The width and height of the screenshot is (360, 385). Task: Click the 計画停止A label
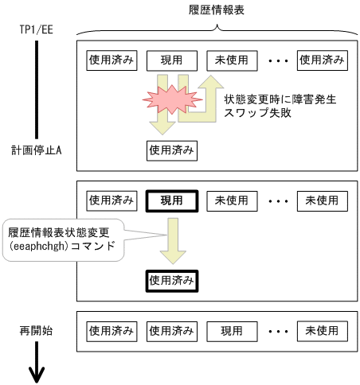[37, 149]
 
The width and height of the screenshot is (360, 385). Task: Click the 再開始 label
[37, 329]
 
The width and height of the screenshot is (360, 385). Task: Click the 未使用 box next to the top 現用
[231, 60]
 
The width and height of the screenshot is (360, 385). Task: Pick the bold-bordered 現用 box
[171, 200]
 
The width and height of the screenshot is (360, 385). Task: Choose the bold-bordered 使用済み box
[171, 280]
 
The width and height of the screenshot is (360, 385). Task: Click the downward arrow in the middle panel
[171, 241]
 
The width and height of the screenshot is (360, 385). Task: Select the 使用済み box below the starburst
[171, 149]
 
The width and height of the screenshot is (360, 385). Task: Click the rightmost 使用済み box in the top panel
[322, 60]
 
